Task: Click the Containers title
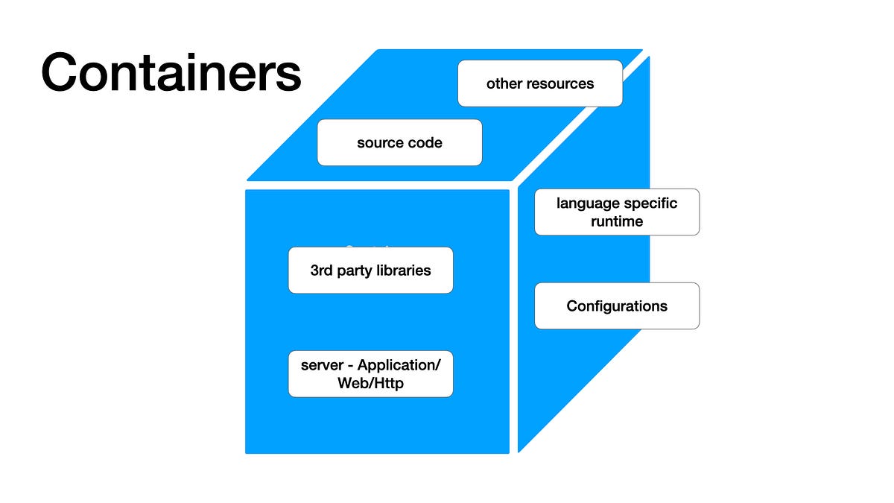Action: click(171, 73)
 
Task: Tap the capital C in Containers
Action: click(63, 73)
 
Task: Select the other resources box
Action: click(540, 83)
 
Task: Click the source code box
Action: click(399, 142)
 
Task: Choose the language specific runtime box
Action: click(617, 212)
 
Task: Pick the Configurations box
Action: click(617, 306)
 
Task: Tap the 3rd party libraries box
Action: click(370, 270)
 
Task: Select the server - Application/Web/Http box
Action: click(370, 374)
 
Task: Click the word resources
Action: click(560, 83)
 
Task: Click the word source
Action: click(379, 142)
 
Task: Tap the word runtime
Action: click(617, 221)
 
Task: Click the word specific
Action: click(651, 203)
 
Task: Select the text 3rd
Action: click(323, 270)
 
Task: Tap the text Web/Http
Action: click(370, 383)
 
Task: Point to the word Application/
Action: click(399, 365)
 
